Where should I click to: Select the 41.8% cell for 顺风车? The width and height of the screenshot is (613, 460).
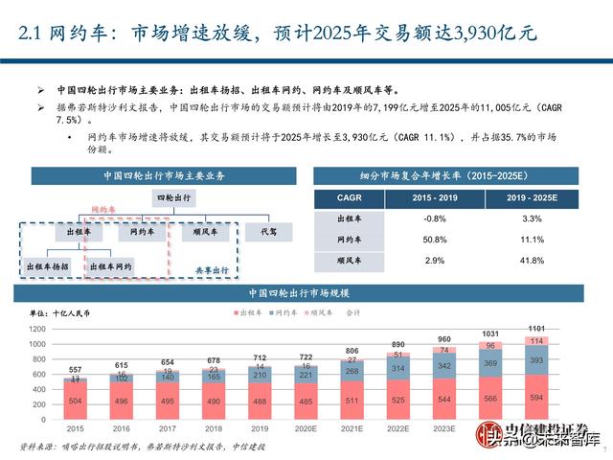pos(534,260)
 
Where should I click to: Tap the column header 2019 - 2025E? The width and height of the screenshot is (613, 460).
pos(534,197)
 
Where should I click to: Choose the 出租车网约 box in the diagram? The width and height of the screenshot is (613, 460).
pos(113,265)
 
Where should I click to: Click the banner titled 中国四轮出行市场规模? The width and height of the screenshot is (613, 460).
pos(306,293)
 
